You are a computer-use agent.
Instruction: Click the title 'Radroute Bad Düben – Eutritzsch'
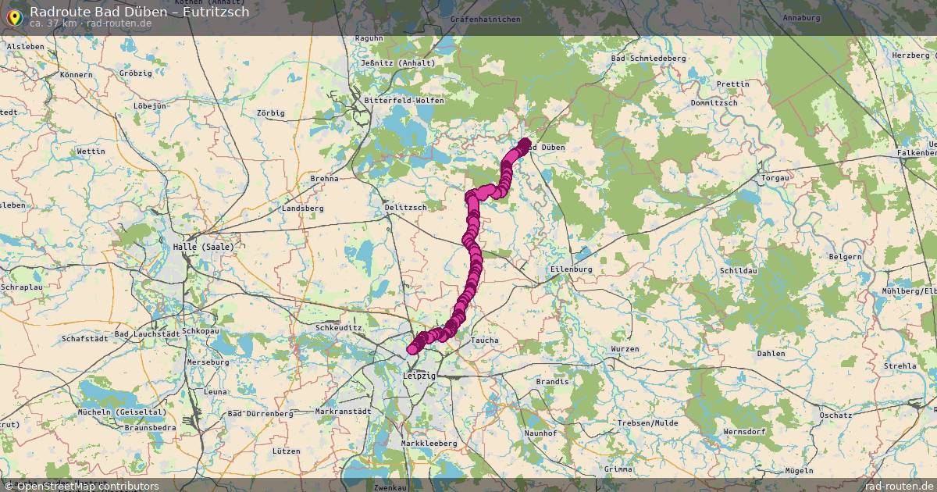click(140, 12)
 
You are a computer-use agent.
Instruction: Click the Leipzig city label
click(419, 376)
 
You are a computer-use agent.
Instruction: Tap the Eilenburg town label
click(572, 269)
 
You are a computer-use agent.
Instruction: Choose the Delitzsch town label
click(405, 208)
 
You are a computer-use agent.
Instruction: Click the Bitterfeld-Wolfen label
click(404, 101)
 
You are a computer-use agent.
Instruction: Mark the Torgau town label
click(775, 178)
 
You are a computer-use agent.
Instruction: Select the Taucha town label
click(484, 340)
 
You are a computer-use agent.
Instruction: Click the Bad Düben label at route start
click(544, 148)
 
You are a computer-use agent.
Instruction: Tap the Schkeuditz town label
click(339, 328)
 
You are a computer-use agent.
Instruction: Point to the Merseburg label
click(208, 362)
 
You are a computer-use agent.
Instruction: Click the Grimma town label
click(618, 469)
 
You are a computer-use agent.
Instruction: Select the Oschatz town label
click(836, 415)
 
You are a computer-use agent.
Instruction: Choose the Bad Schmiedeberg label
click(648, 59)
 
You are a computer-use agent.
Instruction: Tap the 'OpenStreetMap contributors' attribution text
click(87, 486)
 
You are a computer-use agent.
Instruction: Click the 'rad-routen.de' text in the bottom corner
click(900, 486)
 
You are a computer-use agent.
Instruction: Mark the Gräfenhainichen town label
click(479, 17)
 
